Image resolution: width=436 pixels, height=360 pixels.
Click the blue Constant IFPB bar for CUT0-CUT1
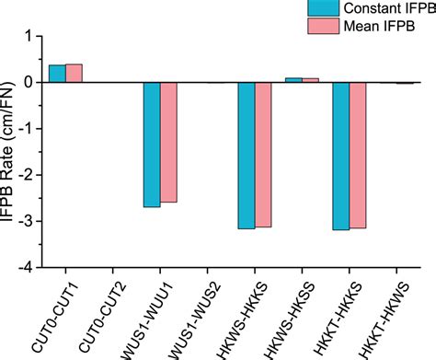pos(57,74)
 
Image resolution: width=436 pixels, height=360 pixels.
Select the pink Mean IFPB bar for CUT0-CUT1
pos(74,74)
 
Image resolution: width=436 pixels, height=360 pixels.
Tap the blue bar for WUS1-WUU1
pos(152,145)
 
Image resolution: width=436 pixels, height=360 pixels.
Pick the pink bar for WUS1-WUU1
pos(168,142)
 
